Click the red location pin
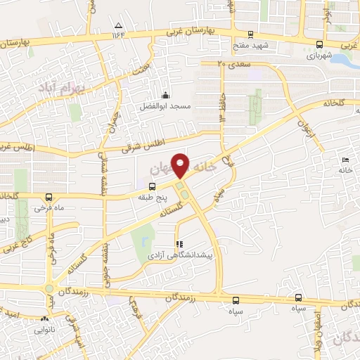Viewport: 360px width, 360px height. tap(181, 165)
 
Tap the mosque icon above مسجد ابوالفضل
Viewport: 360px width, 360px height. tap(165, 96)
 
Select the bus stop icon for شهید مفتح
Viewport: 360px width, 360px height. tap(250, 35)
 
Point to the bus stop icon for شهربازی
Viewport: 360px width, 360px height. tap(321, 44)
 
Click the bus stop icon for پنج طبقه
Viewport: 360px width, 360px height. tap(153, 186)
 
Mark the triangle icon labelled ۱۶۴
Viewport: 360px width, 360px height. tap(117, 34)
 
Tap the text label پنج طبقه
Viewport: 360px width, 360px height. tap(151, 198)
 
